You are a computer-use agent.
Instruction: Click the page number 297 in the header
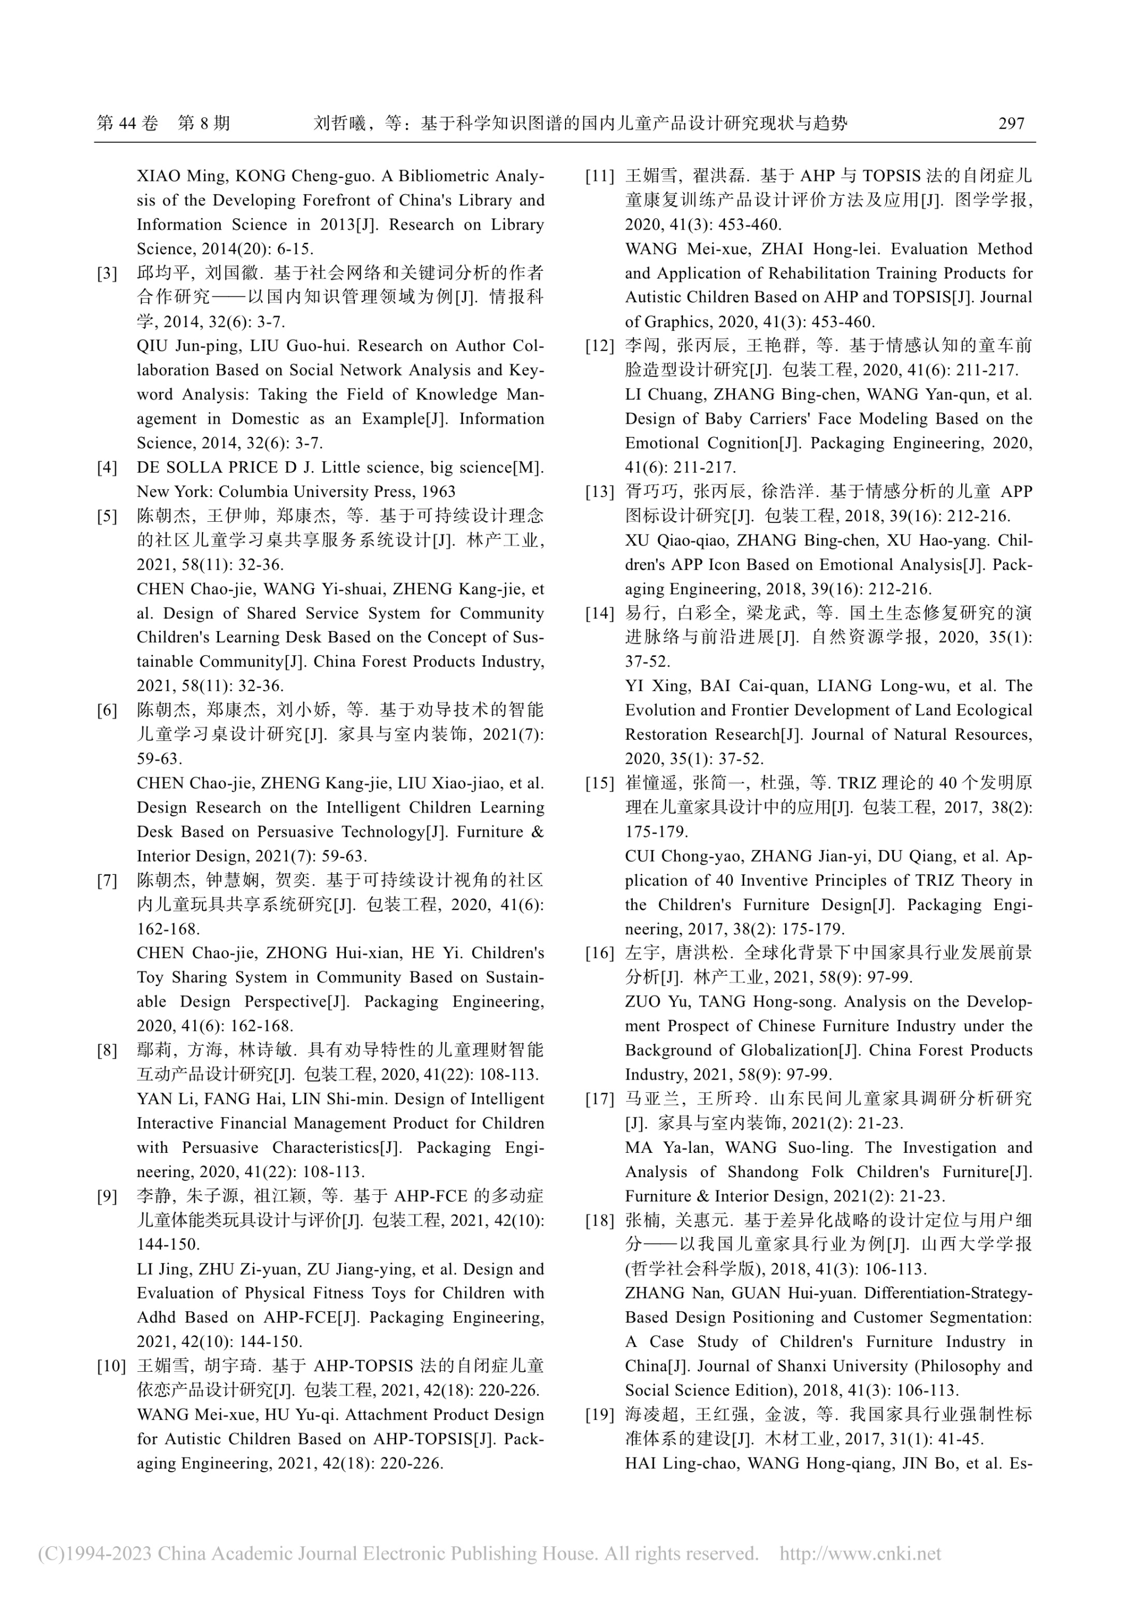point(1011,124)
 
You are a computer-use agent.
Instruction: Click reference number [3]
point(107,274)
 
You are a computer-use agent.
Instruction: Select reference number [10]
point(111,1366)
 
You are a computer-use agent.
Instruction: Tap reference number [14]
point(599,613)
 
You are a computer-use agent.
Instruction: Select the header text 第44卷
point(127,124)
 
